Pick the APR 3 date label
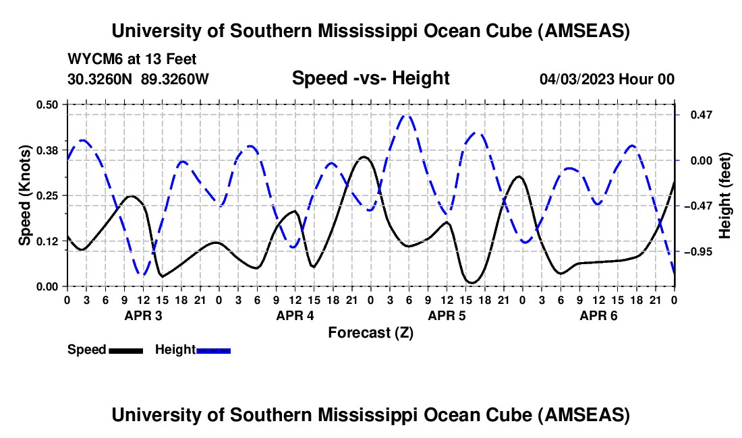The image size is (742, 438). tap(143, 315)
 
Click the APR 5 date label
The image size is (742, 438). tap(447, 315)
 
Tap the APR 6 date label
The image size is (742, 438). tap(598, 315)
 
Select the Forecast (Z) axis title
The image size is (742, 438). tap(370, 332)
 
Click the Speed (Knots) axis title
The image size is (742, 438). tap(25, 195)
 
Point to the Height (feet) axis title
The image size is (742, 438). tap(725, 195)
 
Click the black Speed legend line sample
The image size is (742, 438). tap(125, 350)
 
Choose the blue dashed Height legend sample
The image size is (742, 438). tap(214, 350)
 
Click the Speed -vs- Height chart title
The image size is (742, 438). tap(370, 79)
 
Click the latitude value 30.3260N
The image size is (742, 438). tap(101, 80)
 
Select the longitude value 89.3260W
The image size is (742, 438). tap(175, 80)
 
